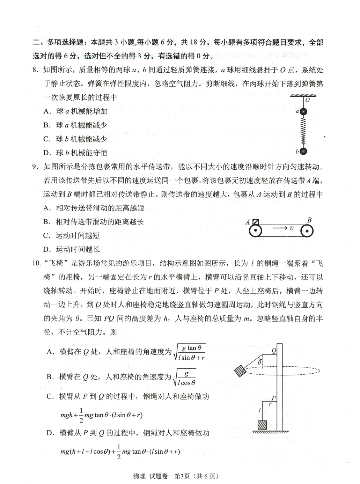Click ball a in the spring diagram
point(303,112)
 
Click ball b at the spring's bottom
point(303,151)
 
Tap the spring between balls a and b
point(303,131)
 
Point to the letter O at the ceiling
point(307,100)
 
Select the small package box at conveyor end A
point(256,222)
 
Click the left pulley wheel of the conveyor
point(256,231)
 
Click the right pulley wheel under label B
point(307,231)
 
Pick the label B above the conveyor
point(309,220)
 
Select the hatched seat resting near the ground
point(262,425)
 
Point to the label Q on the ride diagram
point(274,350)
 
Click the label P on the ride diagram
point(273,398)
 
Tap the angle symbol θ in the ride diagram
point(259,363)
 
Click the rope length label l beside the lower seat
point(259,411)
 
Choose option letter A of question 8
point(47,111)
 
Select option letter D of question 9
point(47,249)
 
